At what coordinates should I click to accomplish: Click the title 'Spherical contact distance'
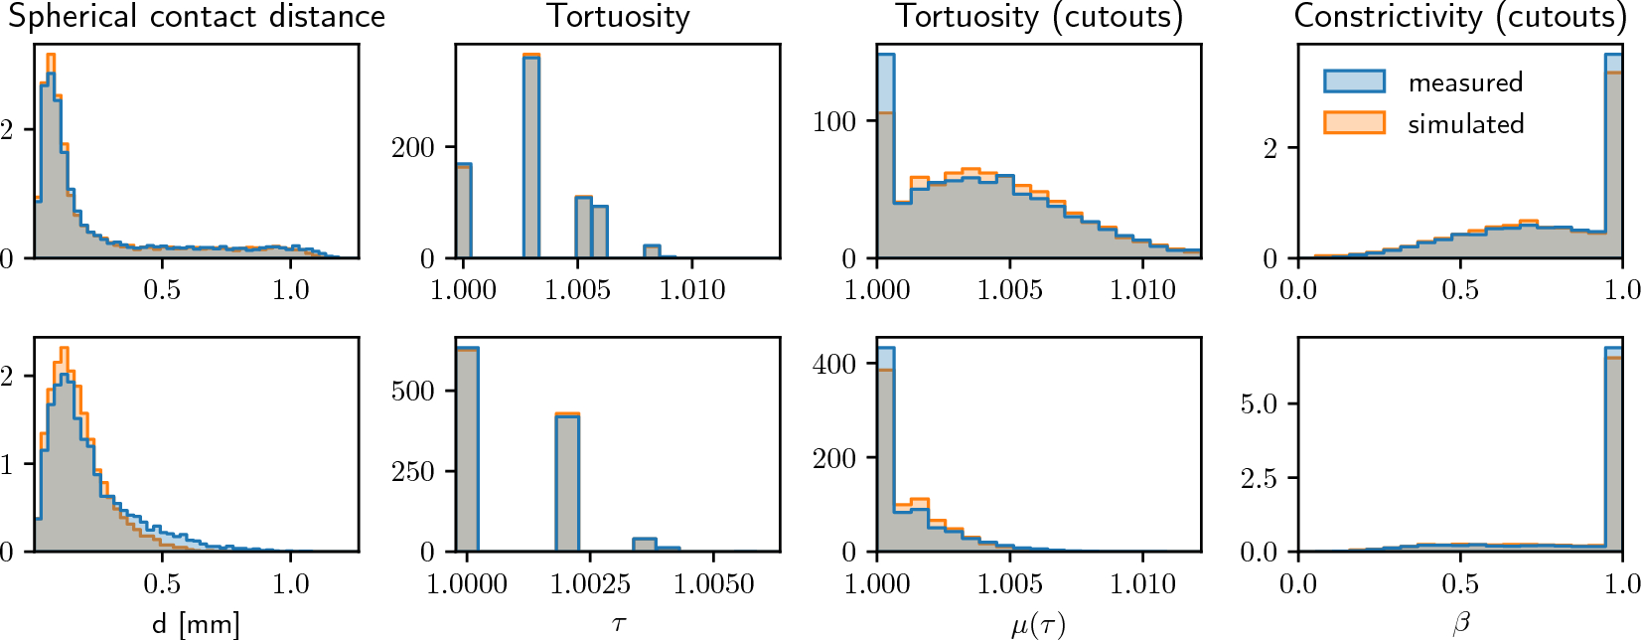(197, 16)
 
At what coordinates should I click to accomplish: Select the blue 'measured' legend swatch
(1354, 81)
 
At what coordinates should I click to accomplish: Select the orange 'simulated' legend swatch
(1354, 123)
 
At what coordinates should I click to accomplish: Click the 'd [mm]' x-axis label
(196, 625)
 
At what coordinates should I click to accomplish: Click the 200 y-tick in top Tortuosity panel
(413, 148)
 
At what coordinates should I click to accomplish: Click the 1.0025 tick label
(590, 584)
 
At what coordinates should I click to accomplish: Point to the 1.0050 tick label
(713, 584)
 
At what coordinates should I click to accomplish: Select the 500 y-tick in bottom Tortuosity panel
(413, 391)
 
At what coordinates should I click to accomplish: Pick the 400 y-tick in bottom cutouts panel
(833, 364)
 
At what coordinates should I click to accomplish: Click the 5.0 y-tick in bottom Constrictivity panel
(1259, 404)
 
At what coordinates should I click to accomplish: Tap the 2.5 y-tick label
(1259, 479)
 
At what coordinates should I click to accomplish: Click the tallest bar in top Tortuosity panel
(531, 159)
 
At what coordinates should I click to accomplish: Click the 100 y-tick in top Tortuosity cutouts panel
(833, 122)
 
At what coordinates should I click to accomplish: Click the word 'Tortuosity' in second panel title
(618, 16)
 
